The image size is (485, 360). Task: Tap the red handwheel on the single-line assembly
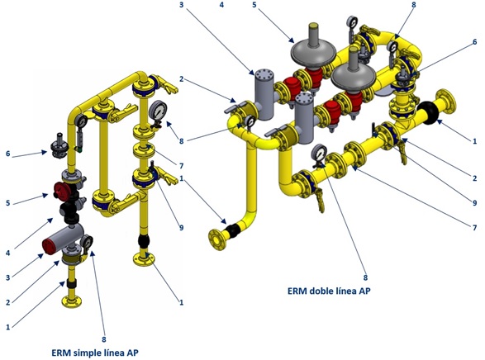click(x=62, y=190)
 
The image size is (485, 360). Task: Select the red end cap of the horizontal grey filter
click(x=50, y=246)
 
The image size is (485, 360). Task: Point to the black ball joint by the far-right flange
click(x=427, y=113)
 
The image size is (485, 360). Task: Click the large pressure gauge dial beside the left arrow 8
click(x=158, y=111)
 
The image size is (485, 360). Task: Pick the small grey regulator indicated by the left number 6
click(x=58, y=145)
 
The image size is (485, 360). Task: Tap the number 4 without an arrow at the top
click(x=221, y=5)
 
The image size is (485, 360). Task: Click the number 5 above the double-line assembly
click(x=254, y=5)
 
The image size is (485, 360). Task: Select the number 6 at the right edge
click(x=475, y=42)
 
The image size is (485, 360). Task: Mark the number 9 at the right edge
click(x=475, y=203)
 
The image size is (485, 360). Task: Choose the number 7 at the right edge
click(x=475, y=228)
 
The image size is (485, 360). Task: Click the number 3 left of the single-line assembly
click(x=8, y=277)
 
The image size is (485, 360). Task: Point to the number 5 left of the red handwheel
click(x=8, y=203)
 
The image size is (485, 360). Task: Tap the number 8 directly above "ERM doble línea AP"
click(x=365, y=277)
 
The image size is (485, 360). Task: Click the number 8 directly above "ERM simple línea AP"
click(x=104, y=339)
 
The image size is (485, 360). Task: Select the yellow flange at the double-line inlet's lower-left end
click(x=216, y=239)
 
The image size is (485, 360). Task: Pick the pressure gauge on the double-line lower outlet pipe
click(x=320, y=154)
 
